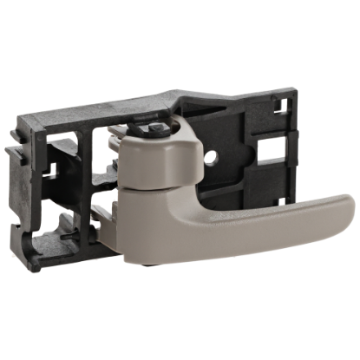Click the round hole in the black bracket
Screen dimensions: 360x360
pyautogui.click(x=214, y=156)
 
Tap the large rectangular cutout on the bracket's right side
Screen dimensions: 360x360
pyautogui.click(x=269, y=157)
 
